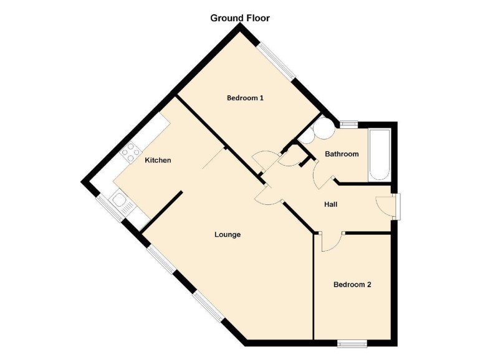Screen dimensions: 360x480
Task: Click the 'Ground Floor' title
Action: click(x=240, y=18)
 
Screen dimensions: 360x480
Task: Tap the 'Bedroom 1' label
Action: click(x=245, y=98)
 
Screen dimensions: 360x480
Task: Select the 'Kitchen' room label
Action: click(x=158, y=161)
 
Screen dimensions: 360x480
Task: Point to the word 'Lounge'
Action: click(x=228, y=235)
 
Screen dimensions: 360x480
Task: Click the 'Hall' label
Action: click(x=331, y=204)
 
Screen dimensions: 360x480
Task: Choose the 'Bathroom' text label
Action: click(x=342, y=154)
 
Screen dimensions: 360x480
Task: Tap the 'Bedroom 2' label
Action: click(x=352, y=285)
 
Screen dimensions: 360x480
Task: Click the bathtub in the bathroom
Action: click(x=379, y=154)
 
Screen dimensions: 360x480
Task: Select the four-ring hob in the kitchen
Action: click(x=132, y=150)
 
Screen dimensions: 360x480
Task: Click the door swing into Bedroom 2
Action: click(x=330, y=242)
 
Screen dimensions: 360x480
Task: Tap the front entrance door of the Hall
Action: click(x=386, y=206)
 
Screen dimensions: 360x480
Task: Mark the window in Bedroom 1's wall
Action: click(x=276, y=60)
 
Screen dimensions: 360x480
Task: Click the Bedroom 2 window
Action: click(x=351, y=342)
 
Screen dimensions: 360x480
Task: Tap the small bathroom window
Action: click(x=348, y=123)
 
